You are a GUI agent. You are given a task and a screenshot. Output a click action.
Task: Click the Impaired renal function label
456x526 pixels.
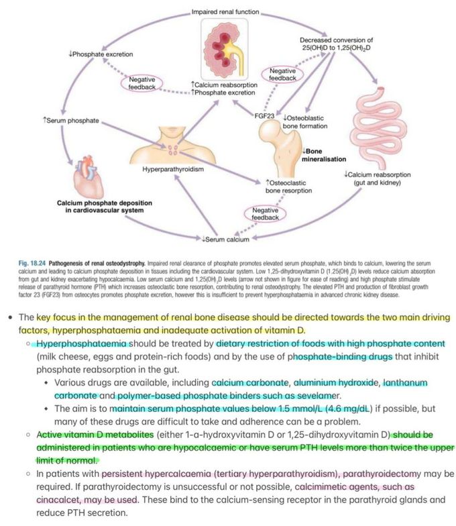click(x=225, y=12)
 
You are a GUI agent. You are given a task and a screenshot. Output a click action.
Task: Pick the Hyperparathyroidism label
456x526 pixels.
click(x=173, y=169)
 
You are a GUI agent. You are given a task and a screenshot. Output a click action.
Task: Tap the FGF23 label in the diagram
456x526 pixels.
click(x=266, y=115)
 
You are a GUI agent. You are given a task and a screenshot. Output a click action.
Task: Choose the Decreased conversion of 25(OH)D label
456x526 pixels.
click(x=335, y=44)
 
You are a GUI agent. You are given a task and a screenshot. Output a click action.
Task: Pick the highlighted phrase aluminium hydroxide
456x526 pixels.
click(x=339, y=382)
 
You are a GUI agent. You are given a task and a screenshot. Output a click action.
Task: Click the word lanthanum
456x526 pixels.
click(x=407, y=382)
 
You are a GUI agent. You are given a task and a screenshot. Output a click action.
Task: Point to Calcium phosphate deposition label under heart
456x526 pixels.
click(x=104, y=207)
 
